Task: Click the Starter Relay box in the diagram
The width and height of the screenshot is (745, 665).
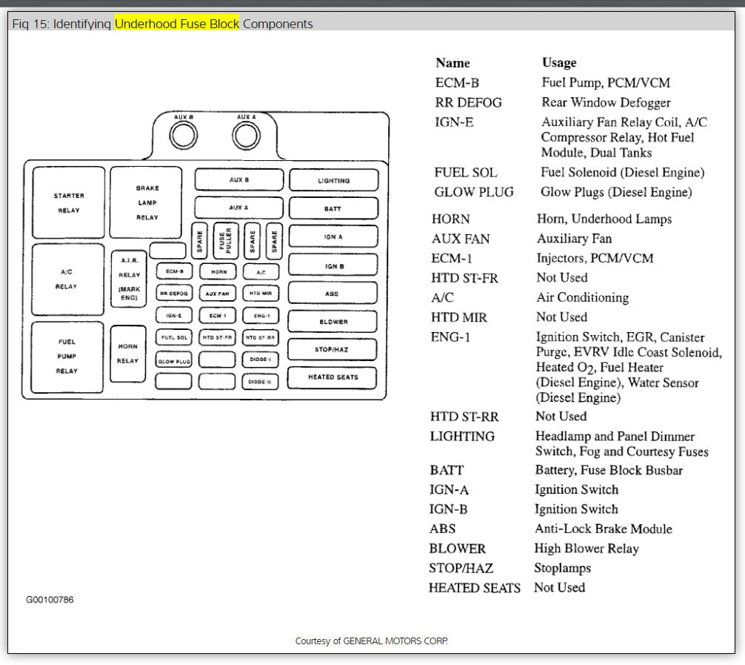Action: point(68,202)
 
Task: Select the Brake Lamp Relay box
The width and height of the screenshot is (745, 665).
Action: point(147,202)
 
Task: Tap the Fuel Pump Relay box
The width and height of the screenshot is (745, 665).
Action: point(67,357)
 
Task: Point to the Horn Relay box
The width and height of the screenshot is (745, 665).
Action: point(127,354)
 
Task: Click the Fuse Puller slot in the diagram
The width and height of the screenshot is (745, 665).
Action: point(226,241)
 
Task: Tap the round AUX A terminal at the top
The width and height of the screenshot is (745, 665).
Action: point(246,135)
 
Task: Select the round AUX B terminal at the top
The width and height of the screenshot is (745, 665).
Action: point(183,135)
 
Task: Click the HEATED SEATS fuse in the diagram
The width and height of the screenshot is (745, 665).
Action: point(333,377)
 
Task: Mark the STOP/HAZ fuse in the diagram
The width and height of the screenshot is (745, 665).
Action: point(333,349)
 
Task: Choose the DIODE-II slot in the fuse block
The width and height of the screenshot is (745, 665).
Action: point(260,382)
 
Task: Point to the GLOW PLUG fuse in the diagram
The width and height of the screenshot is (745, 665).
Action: point(174,361)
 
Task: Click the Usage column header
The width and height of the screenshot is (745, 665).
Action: point(559,63)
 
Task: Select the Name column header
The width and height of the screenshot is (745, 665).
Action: point(452,63)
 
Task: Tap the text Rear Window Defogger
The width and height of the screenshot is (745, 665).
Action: point(606,102)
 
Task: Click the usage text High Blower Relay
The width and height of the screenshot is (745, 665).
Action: point(586,549)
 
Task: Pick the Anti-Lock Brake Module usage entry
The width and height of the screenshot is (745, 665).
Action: point(603,529)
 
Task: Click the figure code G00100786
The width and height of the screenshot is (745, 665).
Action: point(50,600)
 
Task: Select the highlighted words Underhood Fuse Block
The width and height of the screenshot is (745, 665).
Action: point(177,24)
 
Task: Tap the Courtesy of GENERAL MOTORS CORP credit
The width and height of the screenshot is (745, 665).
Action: point(372,641)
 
